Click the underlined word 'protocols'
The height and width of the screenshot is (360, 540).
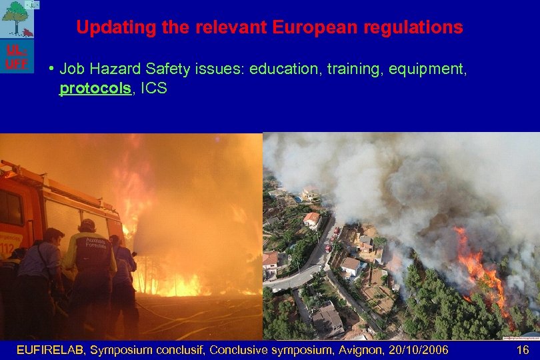pos(94,88)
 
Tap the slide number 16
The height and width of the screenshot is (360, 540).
pos(522,350)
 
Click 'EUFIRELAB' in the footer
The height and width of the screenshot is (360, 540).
pos(51,350)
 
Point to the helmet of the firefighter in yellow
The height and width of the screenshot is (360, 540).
pos(87,225)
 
